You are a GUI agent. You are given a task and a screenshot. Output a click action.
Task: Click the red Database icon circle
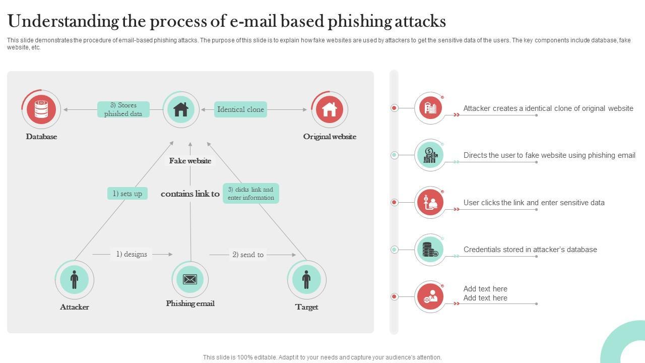[41, 109]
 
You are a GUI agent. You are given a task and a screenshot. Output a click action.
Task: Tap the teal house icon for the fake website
[181, 109]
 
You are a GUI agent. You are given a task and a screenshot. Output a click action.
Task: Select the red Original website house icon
[330, 109]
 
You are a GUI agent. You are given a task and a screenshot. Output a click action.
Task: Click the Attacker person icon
[74, 279]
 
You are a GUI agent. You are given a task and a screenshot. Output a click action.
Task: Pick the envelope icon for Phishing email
[190, 279]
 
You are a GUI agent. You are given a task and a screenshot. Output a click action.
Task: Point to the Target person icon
[306, 279]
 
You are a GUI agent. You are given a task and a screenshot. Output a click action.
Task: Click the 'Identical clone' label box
[240, 109]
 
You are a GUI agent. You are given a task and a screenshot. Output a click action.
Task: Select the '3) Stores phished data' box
[123, 109]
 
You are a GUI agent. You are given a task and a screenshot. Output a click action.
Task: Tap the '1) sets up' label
[127, 194]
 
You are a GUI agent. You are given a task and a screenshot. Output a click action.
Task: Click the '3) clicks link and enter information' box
[251, 194]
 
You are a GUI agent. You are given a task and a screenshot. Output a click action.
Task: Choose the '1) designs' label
[132, 254]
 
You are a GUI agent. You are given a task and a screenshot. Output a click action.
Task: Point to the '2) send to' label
[248, 255]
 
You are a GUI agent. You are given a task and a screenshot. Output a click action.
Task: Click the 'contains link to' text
[190, 194]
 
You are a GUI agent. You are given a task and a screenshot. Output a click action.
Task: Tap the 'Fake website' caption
[190, 161]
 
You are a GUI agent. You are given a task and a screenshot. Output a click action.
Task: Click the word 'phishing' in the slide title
[360, 22]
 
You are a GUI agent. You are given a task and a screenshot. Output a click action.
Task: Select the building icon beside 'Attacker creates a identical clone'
[430, 108]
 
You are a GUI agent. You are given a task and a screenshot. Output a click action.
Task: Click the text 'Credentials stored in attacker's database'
[530, 250]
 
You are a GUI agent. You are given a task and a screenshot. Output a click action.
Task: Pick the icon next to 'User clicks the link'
[430, 202]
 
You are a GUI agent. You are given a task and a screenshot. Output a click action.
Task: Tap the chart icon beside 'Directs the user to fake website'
[430, 155]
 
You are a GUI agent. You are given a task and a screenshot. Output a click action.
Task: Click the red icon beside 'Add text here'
[430, 296]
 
